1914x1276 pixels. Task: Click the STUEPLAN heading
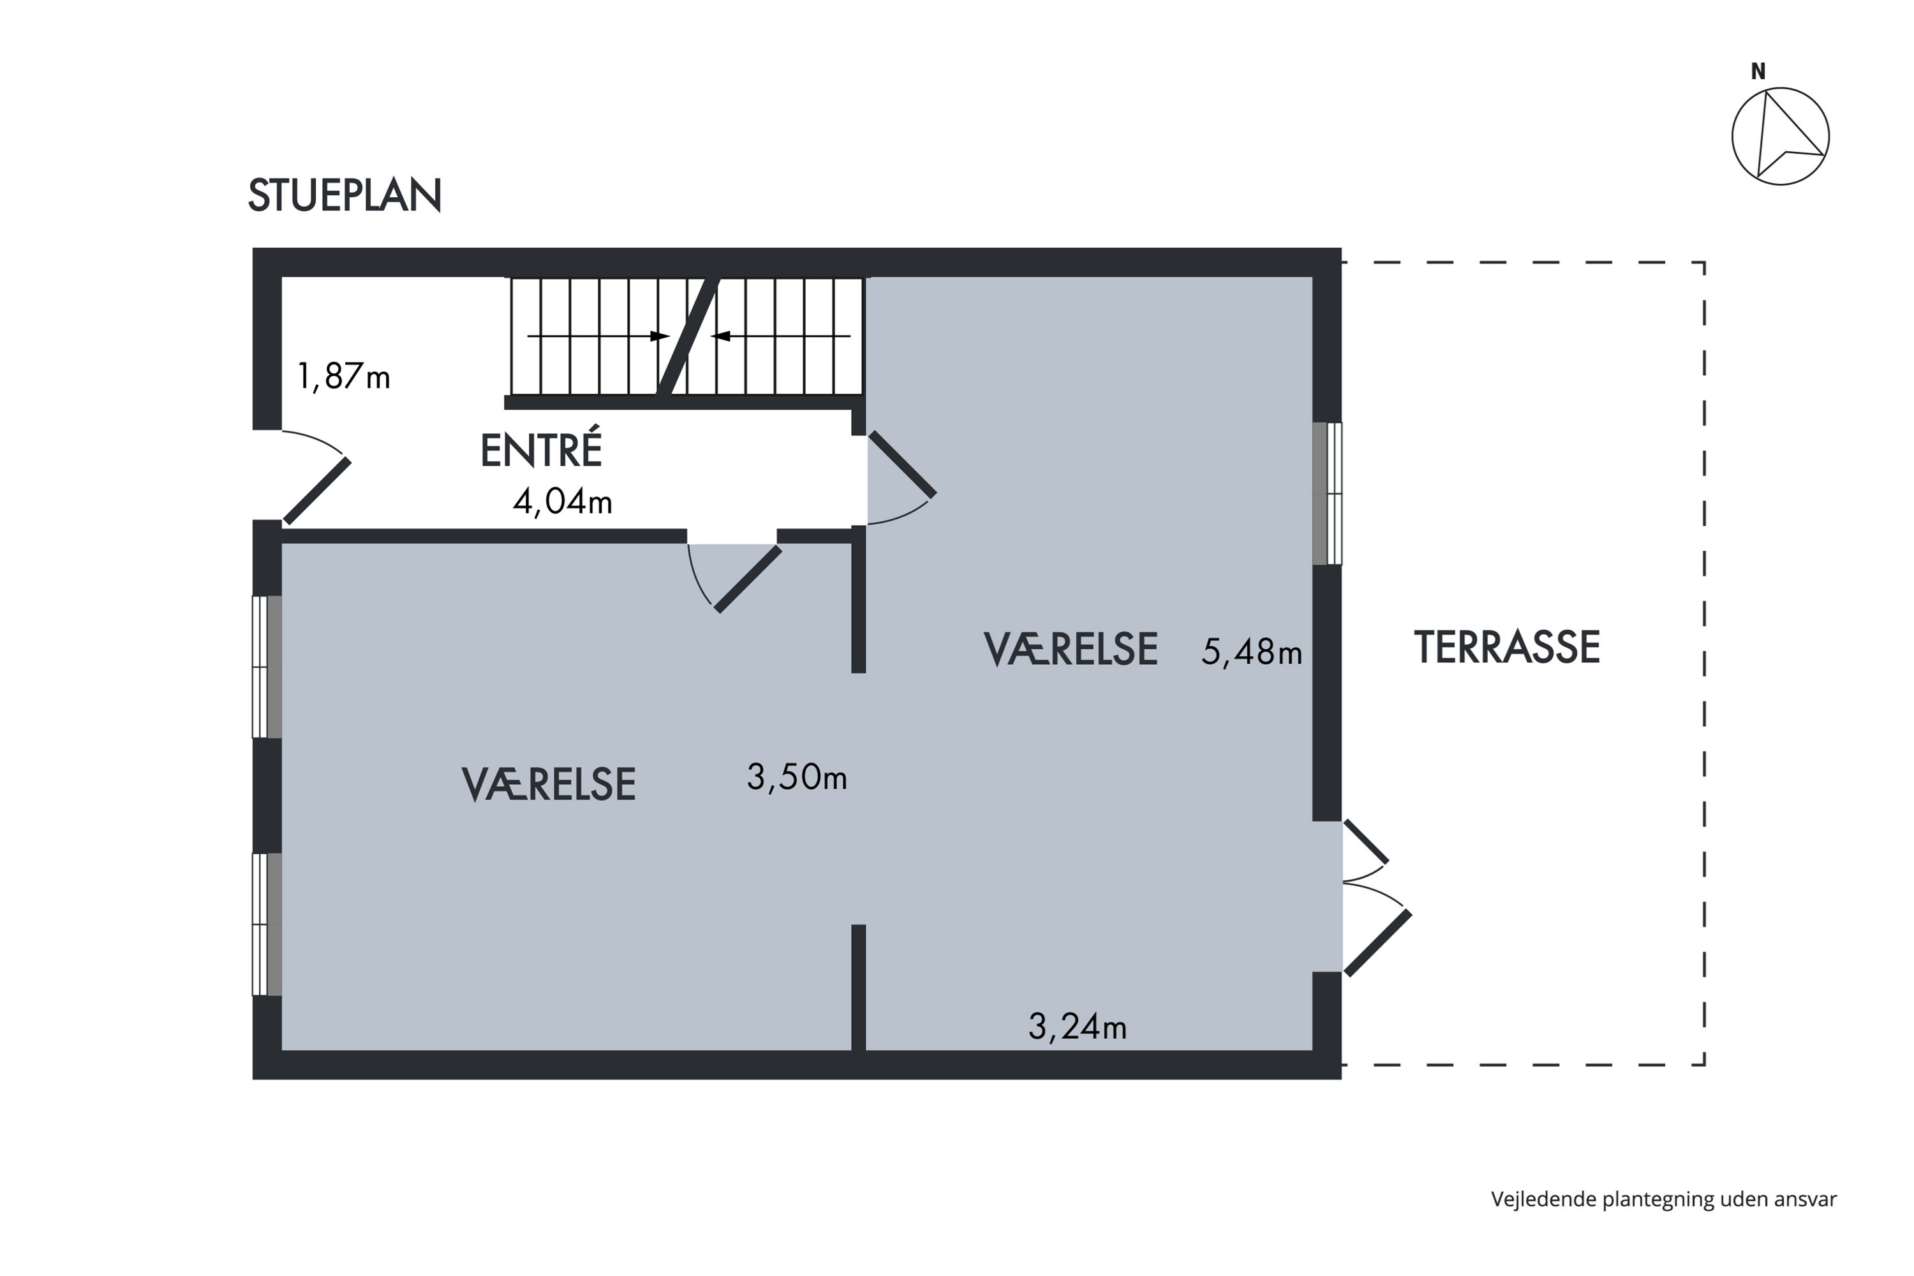pyautogui.click(x=345, y=195)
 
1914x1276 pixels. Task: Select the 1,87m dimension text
pyautogui.click(x=343, y=377)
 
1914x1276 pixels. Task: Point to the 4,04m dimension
pyautogui.click(x=562, y=501)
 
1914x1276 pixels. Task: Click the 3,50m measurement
pyautogui.click(x=797, y=777)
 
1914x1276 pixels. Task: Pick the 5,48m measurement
pyautogui.click(x=1252, y=652)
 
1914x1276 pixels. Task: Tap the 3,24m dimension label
pyautogui.click(x=1078, y=1027)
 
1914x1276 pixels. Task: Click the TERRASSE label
pyautogui.click(x=1507, y=648)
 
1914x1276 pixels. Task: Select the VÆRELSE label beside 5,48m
pyautogui.click(x=1070, y=649)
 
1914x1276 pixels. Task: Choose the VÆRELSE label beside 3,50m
pyautogui.click(x=549, y=785)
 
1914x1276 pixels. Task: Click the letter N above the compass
pyautogui.click(x=1758, y=71)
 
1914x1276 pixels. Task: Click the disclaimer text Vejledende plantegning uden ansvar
pyautogui.click(x=1664, y=1199)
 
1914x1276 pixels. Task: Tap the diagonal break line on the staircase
pyautogui.click(x=688, y=338)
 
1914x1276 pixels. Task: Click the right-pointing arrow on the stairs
pyautogui.click(x=598, y=336)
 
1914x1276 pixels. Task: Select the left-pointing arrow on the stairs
pyautogui.click(x=780, y=336)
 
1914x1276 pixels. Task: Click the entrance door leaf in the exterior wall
pyautogui.click(x=317, y=491)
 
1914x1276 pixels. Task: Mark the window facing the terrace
pyautogui.click(x=1327, y=493)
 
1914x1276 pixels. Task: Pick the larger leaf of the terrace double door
pyautogui.click(x=1377, y=943)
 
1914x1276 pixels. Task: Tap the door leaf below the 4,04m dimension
pyautogui.click(x=748, y=579)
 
